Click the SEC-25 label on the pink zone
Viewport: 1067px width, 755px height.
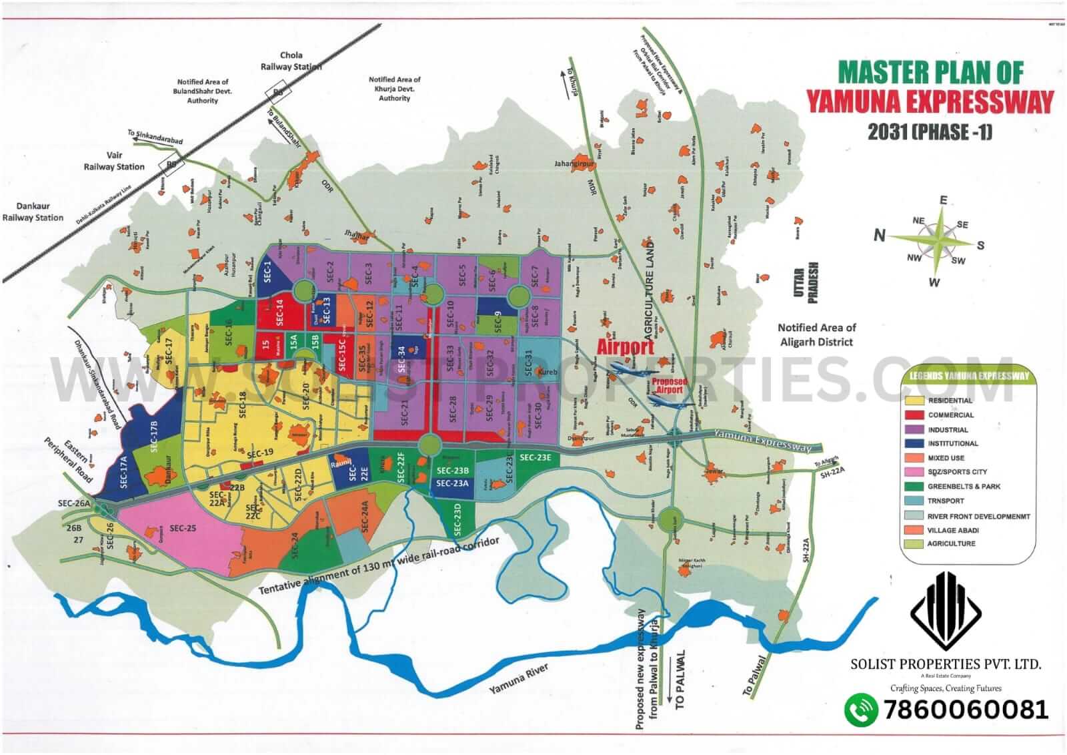(x=183, y=528)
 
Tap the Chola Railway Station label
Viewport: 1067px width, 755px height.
(x=291, y=61)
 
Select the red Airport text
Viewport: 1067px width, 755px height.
(x=625, y=347)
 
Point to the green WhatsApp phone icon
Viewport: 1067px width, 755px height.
(x=861, y=710)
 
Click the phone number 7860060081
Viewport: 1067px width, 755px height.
(x=965, y=710)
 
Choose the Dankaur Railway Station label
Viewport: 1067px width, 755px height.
(x=33, y=212)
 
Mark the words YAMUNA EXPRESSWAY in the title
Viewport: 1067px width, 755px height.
(x=930, y=101)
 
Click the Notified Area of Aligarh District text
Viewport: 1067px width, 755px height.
(x=817, y=334)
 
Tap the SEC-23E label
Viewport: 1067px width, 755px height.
(x=535, y=457)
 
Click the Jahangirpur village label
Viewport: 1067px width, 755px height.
(x=574, y=164)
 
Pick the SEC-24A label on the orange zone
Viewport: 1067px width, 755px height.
(x=364, y=516)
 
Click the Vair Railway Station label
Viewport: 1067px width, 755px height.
(x=114, y=162)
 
